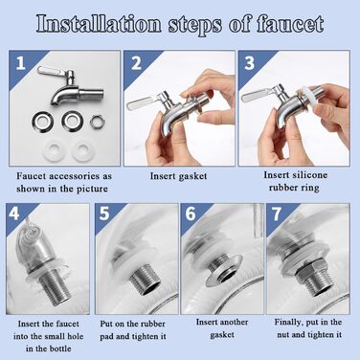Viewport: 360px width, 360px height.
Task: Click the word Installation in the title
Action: point(99,24)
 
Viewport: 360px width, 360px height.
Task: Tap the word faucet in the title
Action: point(290,24)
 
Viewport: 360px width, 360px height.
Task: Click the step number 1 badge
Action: point(20,63)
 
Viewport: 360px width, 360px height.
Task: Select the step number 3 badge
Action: point(250,63)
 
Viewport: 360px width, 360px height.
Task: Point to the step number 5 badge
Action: point(104,214)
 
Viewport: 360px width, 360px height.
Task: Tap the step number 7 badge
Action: point(277,214)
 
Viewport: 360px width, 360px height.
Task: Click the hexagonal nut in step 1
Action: point(98,122)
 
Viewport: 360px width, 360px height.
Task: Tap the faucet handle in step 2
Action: point(142,102)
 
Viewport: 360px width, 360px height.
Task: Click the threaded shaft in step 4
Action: point(55,289)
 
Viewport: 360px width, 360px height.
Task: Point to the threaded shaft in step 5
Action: point(144,278)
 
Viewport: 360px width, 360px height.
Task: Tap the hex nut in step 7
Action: point(306,271)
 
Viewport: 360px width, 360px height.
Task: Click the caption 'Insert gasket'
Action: point(178,176)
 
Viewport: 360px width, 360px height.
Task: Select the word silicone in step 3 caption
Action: point(309,175)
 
